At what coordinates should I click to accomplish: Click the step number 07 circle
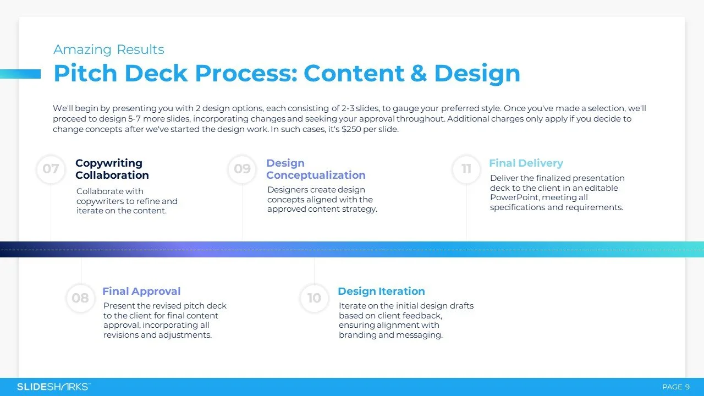pos(51,169)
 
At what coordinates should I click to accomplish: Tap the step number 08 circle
pos(80,298)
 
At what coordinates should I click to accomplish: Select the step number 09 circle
pos(242,169)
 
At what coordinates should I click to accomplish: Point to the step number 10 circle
pos(314,298)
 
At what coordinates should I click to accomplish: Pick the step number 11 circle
pos(466,169)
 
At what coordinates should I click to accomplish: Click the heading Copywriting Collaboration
pos(112,169)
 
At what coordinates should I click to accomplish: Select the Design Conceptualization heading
pos(316,169)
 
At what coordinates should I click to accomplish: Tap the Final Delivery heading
pos(526,163)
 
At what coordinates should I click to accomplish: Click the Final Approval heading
pos(141,291)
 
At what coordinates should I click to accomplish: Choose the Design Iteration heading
pos(381,291)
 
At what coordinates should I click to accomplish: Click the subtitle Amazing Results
pos(109,50)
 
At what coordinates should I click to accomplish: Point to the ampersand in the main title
pos(417,74)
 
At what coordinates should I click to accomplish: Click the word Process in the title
pos(245,74)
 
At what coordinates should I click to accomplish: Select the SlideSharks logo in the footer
pos(53,387)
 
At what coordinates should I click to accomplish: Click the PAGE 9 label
pos(676,387)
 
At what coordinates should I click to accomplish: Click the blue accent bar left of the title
pos(20,74)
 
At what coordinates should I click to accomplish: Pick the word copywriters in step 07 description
pos(101,201)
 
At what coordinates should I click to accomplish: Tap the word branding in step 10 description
pos(358,335)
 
